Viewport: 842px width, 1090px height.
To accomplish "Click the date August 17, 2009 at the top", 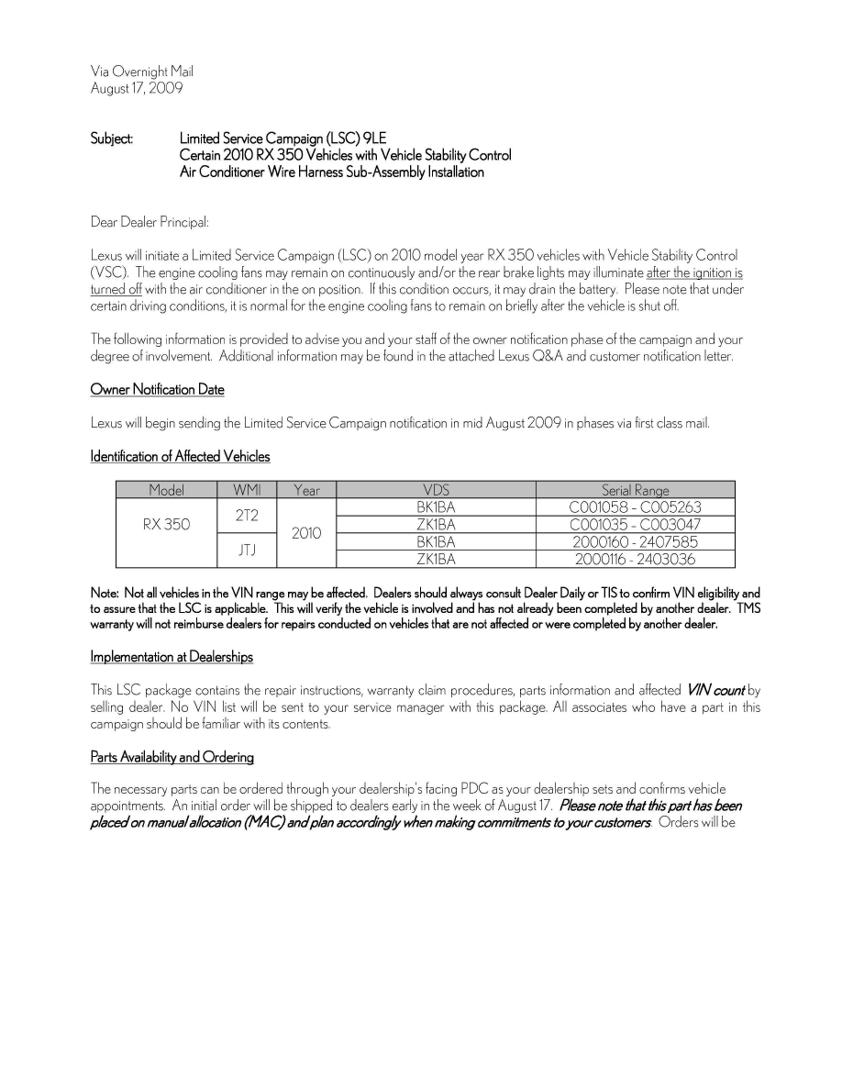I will click(x=137, y=88).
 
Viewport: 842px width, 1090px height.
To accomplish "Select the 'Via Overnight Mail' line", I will click(x=142, y=72).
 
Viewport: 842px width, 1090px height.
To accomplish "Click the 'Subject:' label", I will click(x=112, y=139).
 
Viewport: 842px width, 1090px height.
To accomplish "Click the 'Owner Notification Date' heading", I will click(x=157, y=390).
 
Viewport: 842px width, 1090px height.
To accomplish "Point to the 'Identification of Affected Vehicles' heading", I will click(x=180, y=456).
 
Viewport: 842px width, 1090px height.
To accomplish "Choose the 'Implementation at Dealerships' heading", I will click(x=172, y=657).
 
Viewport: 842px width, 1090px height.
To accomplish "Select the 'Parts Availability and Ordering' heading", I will click(x=172, y=757).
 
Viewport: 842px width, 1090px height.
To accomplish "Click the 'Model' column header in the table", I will click(x=166, y=490).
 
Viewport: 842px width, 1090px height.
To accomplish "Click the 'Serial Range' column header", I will click(x=635, y=490).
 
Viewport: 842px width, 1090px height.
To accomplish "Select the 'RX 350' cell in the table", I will click(x=166, y=524).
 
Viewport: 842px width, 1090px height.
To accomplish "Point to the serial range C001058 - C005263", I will click(x=635, y=506).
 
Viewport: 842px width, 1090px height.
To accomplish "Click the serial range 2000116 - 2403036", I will click(x=635, y=558).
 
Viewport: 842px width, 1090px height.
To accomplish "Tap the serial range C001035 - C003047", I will click(x=635, y=524).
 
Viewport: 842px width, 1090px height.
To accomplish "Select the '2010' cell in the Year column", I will click(x=306, y=532).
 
